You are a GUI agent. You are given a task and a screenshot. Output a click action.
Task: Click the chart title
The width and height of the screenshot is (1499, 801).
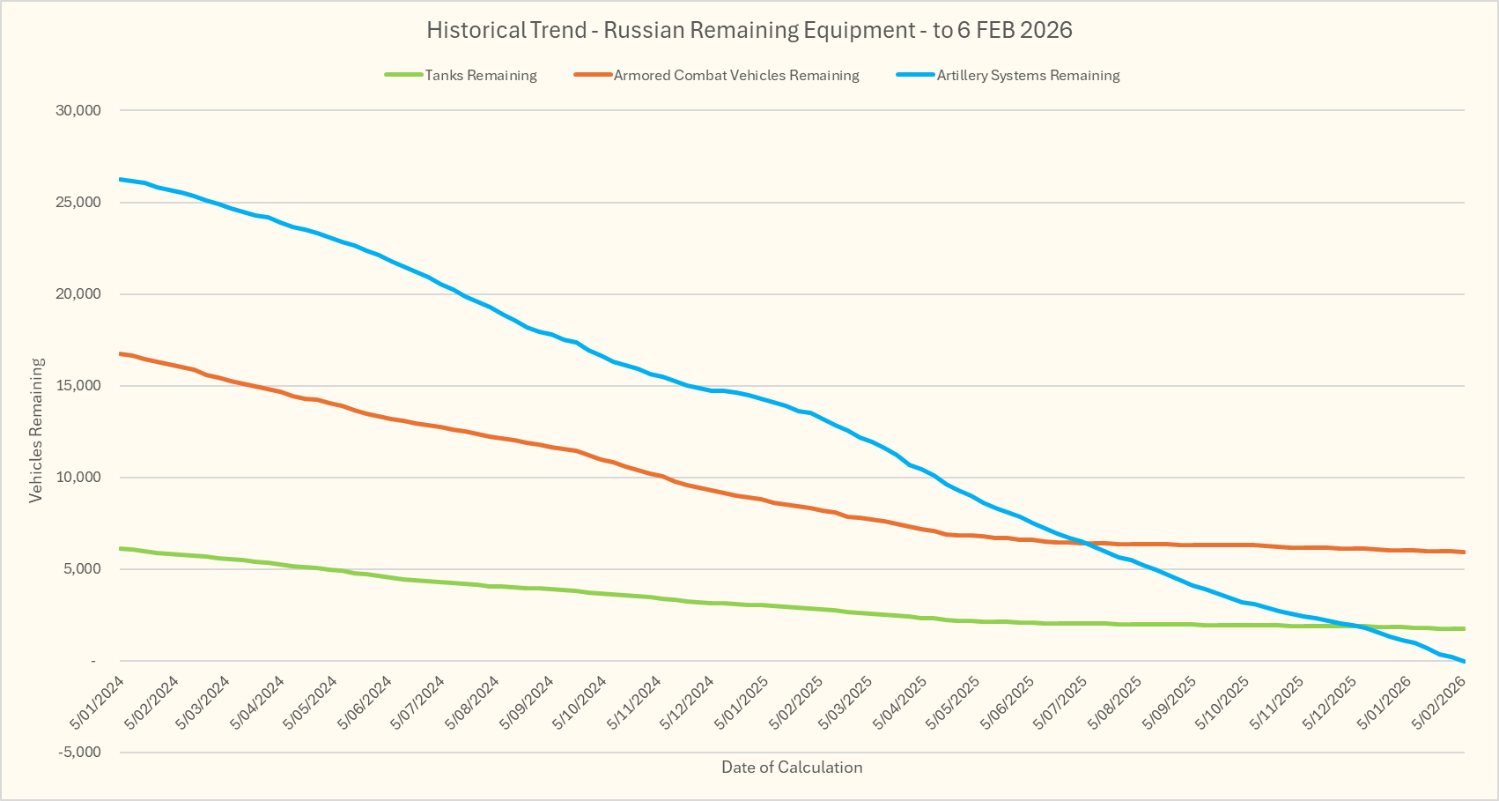[x=749, y=30]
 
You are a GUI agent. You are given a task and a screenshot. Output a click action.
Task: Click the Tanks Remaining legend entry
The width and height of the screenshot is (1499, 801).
[x=480, y=76]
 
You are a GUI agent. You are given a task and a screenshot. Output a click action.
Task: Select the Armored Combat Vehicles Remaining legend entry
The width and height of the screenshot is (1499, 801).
[x=735, y=76]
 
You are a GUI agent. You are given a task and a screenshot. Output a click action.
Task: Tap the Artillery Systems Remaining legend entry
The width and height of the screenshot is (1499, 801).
[x=1028, y=76]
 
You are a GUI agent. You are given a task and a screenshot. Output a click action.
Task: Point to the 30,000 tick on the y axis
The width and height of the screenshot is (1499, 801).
[x=78, y=111]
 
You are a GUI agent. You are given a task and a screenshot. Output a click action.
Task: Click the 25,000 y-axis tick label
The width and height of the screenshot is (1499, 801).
[x=78, y=203]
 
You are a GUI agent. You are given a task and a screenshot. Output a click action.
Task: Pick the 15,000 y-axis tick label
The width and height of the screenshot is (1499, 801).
[x=78, y=386]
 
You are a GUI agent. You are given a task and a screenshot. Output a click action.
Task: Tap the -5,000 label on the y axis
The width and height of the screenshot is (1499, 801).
[x=78, y=753]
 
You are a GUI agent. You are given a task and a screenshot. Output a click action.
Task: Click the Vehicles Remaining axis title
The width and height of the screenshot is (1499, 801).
[x=36, y=430]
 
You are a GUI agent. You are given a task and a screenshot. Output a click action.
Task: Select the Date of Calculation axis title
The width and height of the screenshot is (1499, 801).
[x=792, y=767]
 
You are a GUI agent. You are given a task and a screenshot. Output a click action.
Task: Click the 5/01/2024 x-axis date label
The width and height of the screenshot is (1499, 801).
[x=98, y=702]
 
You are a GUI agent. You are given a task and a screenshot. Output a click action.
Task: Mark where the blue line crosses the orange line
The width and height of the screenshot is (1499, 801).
[x=1089, y=544]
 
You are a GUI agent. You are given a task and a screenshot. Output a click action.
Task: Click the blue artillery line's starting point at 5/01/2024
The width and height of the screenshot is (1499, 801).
[x=120, y=179]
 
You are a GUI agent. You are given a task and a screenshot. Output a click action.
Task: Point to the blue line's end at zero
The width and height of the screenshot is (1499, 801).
[x=1464, y=661]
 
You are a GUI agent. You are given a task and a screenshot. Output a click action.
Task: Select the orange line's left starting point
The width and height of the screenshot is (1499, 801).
[x=120, y=353]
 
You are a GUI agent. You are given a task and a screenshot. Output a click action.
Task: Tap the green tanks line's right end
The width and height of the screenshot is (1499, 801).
[x=1464, y=628]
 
